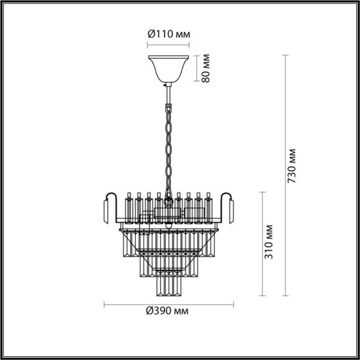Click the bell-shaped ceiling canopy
[167, 70]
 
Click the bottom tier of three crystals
[168, 286]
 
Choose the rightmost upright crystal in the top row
[209, 206]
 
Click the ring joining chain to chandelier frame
[168, 202]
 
